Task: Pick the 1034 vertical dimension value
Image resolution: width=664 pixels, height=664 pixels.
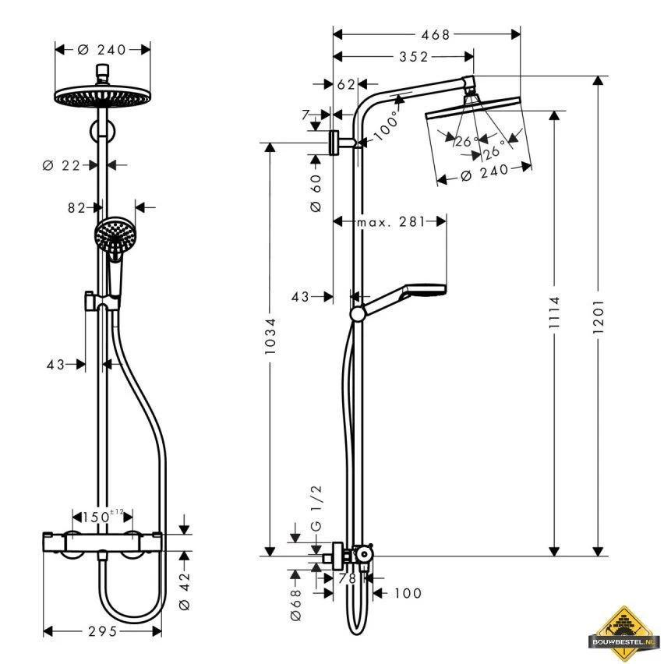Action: [270, 337]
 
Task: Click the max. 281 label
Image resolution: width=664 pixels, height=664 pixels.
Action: [390, 222]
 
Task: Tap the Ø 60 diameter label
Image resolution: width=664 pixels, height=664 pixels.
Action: [316, 193]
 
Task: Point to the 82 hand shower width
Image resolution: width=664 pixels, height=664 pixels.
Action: [76, 207]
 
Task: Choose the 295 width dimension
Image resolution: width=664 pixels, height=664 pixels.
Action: [101, 631]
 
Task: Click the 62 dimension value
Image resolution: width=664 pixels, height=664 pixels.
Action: [346, 83]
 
